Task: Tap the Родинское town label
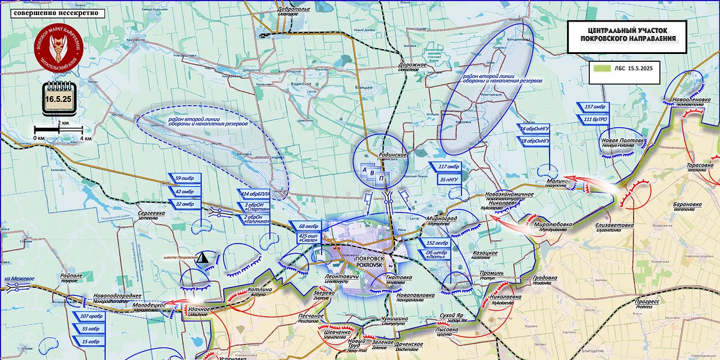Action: tap(393, 155)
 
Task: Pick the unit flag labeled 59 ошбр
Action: tap(184, 178)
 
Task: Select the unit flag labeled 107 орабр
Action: tap(89, 316)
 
